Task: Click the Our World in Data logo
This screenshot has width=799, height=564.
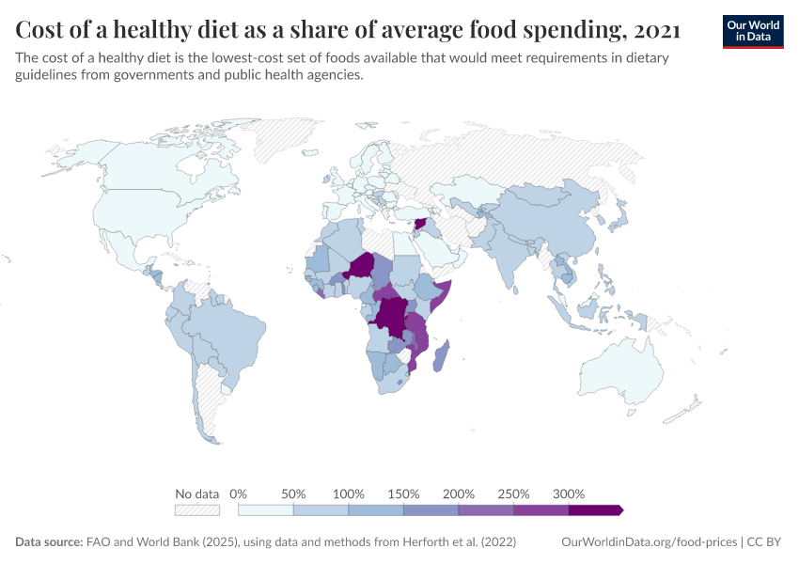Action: [752, 30]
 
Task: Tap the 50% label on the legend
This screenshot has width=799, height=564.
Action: [294, 493]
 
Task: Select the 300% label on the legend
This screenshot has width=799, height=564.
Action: [569, 493]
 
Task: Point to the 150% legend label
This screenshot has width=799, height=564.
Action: [404, 493]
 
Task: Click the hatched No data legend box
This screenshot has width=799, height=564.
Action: [197, 509]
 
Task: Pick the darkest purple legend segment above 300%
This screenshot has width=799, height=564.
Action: [594, 509]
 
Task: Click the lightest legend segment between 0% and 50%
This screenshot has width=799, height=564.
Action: [266, 509]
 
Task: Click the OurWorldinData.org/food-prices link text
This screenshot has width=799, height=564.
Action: [648, 542]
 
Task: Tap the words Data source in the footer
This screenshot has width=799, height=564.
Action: [48, 542]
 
